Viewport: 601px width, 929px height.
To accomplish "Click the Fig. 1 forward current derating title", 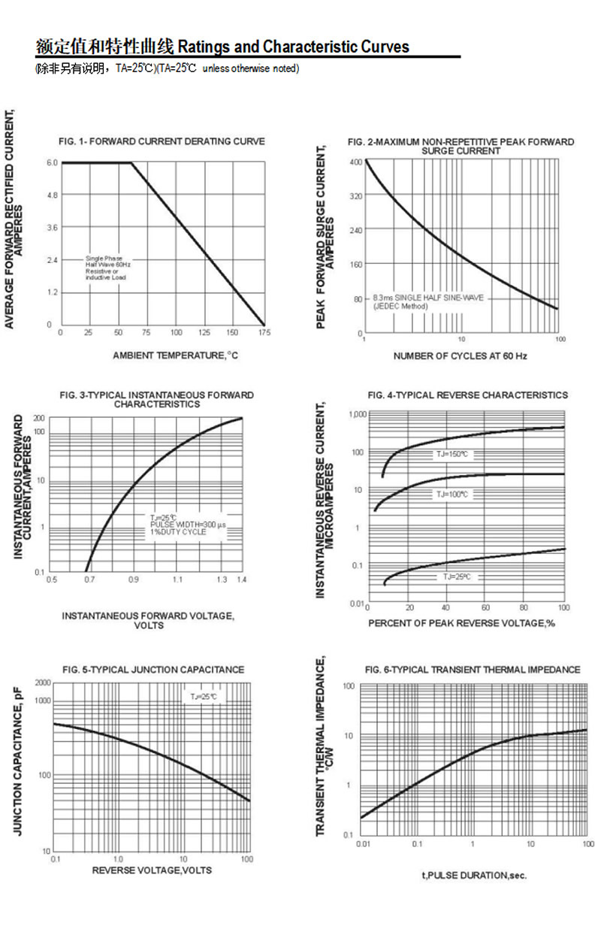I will pos(162,141).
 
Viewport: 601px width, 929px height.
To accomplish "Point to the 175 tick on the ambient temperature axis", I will pos(264,332).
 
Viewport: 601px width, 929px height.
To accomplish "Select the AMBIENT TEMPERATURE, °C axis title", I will pos(175,355).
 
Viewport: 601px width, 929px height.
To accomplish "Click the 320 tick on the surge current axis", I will pos(355,195).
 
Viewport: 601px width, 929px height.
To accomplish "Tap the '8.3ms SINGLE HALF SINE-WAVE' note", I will pos(428,298).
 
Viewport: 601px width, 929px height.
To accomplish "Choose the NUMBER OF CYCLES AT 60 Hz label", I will pos(460,356).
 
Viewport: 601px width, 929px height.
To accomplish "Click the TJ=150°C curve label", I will pos(454,455).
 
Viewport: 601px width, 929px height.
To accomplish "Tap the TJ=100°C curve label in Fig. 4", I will pos(452,495).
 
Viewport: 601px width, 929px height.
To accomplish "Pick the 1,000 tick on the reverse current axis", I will pos(357,414).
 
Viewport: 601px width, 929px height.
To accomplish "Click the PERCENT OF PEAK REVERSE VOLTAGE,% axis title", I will pos(461,623).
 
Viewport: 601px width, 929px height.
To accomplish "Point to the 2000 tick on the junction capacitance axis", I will pos(42,682).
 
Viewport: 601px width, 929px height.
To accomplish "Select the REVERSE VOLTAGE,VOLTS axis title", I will pos(152,870).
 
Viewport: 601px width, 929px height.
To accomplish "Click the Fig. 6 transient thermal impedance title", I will pos(473,669).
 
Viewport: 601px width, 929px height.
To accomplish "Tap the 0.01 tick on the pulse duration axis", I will pos(364,844).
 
